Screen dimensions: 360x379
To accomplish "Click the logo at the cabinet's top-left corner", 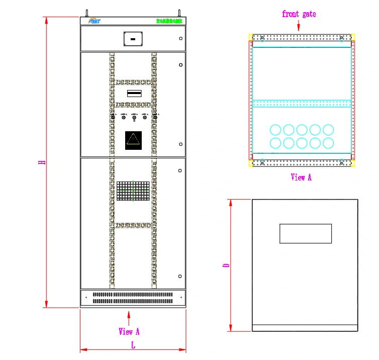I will point(94,21).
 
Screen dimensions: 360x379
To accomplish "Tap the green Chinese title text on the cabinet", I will point(169,21).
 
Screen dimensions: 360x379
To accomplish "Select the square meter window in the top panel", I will point(133,39).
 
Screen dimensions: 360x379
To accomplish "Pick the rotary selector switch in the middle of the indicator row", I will point(134,117).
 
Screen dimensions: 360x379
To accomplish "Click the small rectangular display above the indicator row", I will point(134,94).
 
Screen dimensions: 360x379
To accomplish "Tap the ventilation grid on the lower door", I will point(133,191).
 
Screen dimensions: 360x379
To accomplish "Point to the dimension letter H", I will point(43,162).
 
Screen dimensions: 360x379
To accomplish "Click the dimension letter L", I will point(133,345).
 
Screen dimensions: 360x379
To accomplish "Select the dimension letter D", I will point(227,265).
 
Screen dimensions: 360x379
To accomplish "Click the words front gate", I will point(299,14).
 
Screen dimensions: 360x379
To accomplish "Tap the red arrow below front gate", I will point(299,25).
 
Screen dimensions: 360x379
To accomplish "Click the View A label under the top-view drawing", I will point(301,177).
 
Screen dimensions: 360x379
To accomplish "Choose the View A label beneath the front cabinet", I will point(129,331).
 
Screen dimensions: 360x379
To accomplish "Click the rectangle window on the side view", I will point(306,233).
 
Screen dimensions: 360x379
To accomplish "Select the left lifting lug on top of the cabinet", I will point(86,12).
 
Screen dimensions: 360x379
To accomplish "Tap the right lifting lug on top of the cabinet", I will point(179,12).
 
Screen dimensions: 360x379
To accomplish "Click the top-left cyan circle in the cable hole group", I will point(275,130).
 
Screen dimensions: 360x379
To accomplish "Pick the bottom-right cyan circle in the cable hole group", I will point(328,143).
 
